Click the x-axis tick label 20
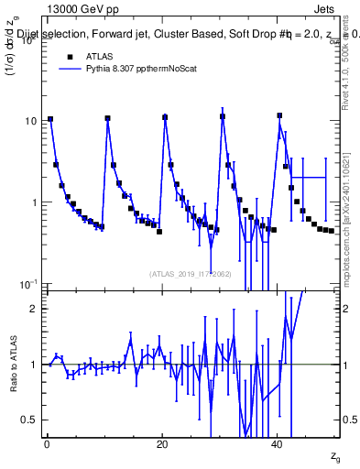[162, 445]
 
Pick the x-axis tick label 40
[278, 445]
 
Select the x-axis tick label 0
[47, 445]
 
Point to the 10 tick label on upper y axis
[29, 121]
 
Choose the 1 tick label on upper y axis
[33, 202]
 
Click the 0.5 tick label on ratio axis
[28, 420]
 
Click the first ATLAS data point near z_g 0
[50, 119]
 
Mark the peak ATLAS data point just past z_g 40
[280, 115]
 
